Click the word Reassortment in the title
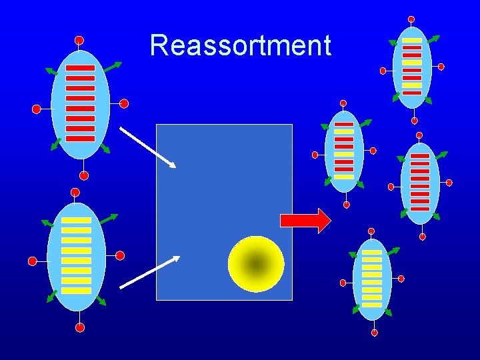pos(240,46)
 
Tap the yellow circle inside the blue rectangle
pos(256,264)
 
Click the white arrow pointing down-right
pos(147,147)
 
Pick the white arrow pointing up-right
pos(149,272)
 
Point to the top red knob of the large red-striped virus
pos(79,41)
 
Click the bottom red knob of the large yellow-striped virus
pos(80,327)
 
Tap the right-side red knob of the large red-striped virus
pos(124,104)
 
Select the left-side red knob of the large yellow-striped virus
pos(32,261)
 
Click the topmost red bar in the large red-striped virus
pos(80,68)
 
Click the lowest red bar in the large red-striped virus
pos(80,139)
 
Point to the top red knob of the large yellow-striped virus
pos(75,193)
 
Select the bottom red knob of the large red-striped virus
pos(84,176)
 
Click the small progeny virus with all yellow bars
pos(372,279)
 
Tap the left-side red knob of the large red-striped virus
pos(37,109)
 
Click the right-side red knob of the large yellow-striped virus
pos(120,255)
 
